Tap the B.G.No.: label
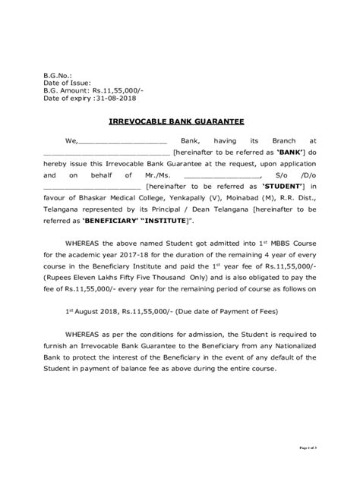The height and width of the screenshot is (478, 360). (x=57, y=75)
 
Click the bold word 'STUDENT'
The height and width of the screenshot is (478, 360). (x=283, y=184)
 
